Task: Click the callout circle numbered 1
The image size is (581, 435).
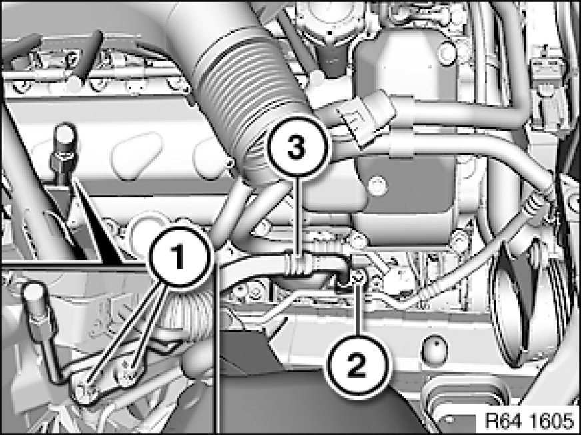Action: click(x=181, y=255)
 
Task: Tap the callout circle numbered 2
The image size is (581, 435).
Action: click(x=357, y=366)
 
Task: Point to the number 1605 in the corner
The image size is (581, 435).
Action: click(x=552, y=421)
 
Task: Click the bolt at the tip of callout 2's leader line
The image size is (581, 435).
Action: click(x=358, y=275)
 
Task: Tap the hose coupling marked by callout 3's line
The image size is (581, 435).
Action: click(x=298, y=263)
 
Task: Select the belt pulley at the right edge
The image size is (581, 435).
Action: click(x=526, y=304)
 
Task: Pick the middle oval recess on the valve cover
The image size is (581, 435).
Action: click(x=136, y=155)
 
